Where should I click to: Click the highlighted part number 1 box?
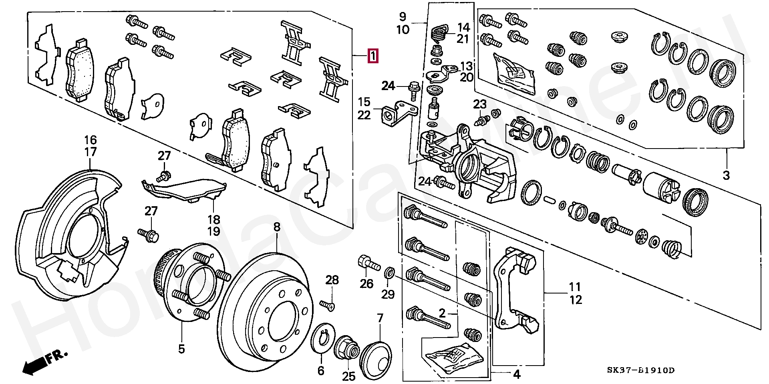click(372, 56)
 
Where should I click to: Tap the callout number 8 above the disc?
click(277, 227)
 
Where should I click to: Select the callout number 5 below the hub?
click(181, 349)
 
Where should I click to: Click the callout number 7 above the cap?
click(380, 319)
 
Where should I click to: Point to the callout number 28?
click(332, 280)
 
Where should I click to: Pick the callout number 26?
click(366, 283)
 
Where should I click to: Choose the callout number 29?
click(388, 294)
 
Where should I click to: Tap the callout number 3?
click(726, 175)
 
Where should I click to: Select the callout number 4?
click(517, 374)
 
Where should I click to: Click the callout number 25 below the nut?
click(349, 376)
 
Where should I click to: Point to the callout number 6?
click(321, 371)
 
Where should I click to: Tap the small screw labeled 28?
click(328, 306)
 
